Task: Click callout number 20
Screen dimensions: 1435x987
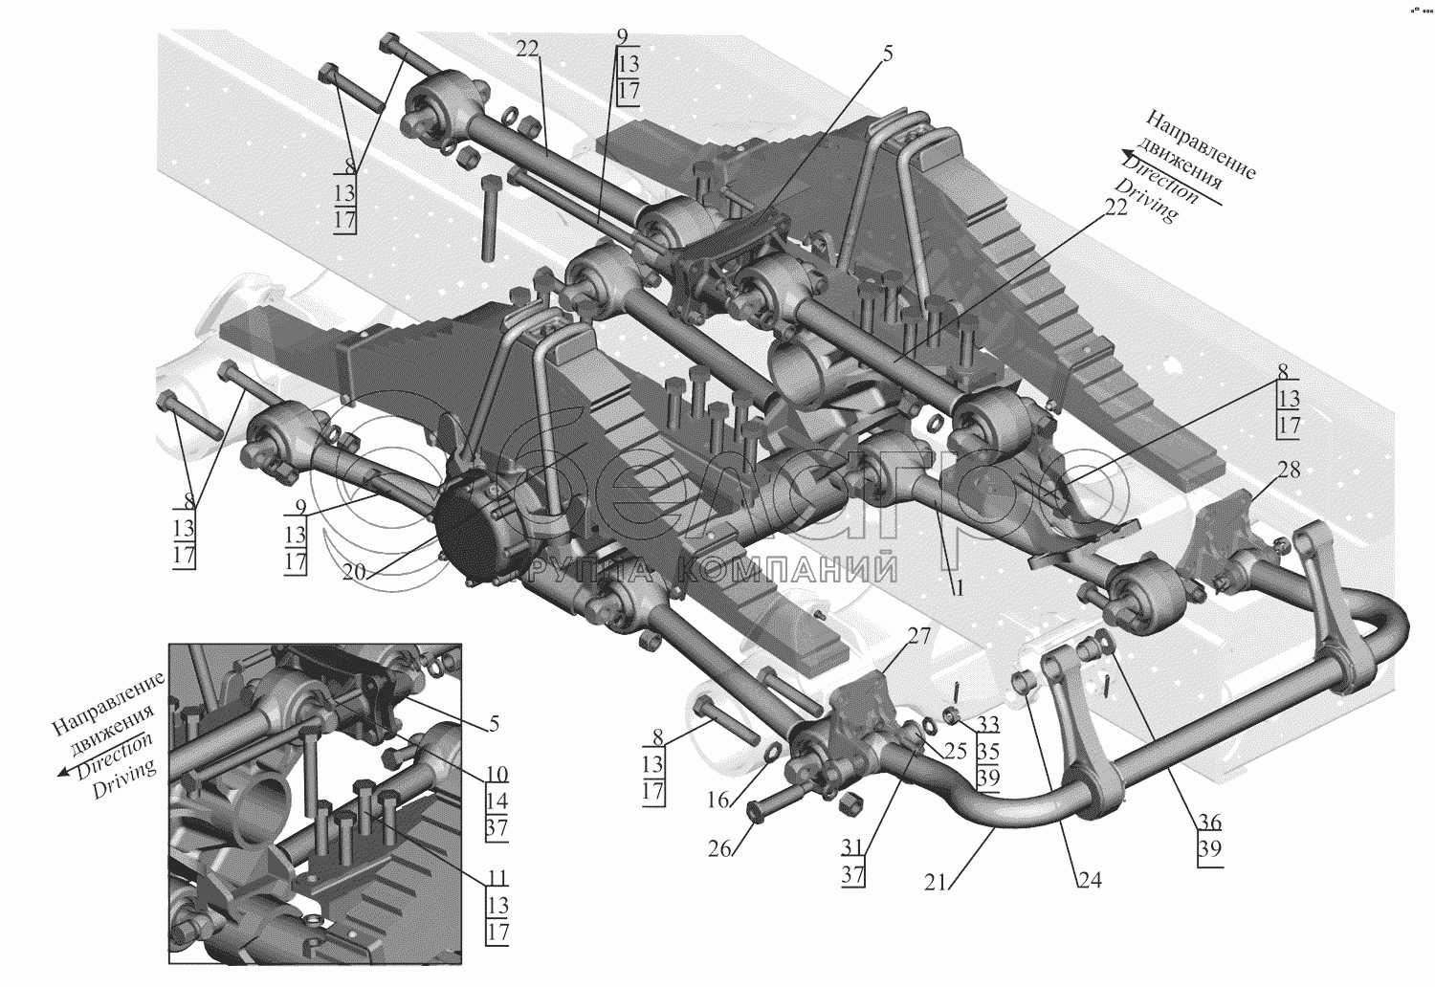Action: [x=354, y=571]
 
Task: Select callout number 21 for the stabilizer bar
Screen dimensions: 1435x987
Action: [x=936, y=882]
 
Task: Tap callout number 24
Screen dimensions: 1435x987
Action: [x=1090, y=881]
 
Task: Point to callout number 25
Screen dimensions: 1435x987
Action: [x=955, y=750]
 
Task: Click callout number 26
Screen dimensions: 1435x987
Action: [x=720, y=848]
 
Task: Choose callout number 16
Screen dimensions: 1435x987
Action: [x=718, y=800]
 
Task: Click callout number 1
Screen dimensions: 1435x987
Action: [x=957, y=588]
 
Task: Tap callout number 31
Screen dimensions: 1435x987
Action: [x=852, y=847]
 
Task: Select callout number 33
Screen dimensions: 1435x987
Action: [x=988, y=724]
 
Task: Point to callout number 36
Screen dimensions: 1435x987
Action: [x=1210, y=821]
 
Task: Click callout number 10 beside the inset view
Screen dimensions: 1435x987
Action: [x=497, y=773]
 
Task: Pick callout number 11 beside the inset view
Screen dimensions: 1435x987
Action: [x=497, y=877]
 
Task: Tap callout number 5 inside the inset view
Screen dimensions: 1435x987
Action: [x=494, y=723]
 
